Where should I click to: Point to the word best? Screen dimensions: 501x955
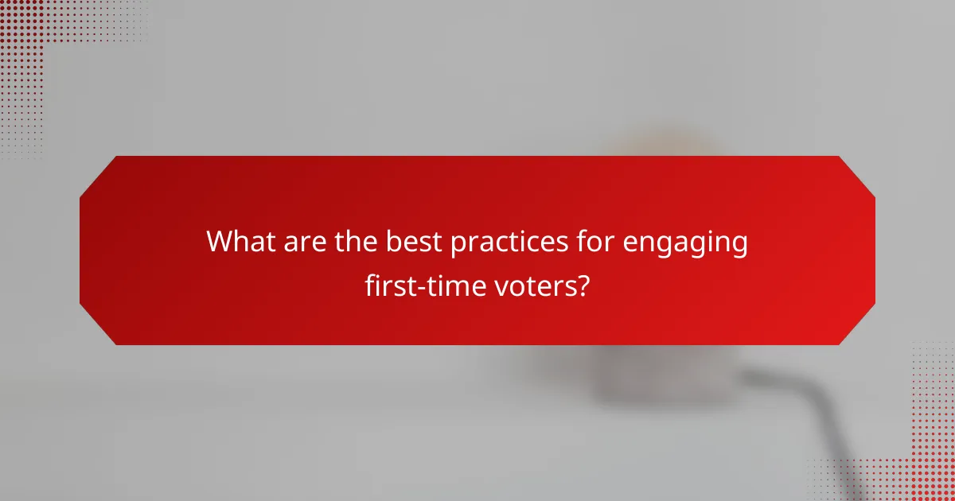(x=415, y=242)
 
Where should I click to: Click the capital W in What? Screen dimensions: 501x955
(x=218, y=242)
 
